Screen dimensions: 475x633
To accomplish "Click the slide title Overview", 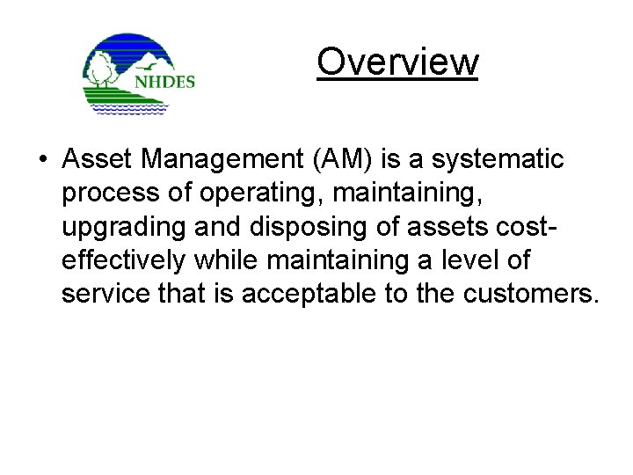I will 397,62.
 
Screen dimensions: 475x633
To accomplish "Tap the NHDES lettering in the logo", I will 164,82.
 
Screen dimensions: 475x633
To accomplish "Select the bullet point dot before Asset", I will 42,160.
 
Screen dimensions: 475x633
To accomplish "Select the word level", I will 483,259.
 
